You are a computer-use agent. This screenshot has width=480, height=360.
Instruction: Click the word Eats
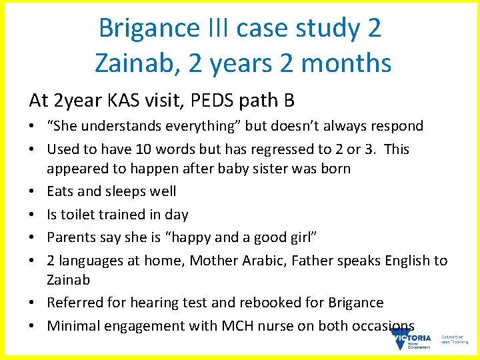60,191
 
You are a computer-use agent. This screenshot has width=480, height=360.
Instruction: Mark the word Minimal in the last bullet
73,326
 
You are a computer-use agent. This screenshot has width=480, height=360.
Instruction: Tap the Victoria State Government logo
411,340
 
